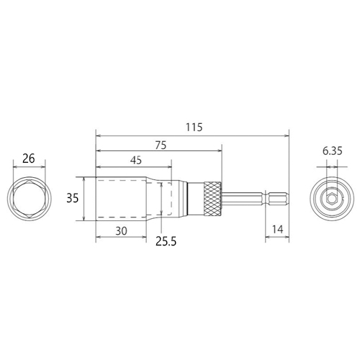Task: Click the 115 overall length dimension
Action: (194, 127)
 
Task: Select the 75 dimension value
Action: (161, 145)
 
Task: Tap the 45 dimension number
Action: (136, 161)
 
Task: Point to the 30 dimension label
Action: (121, 231)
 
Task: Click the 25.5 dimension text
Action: (166, 241)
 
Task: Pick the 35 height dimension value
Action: (72, 199)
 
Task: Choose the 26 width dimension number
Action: (29, 158)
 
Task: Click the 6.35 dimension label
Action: (333, 151)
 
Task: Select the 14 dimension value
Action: (277, 230)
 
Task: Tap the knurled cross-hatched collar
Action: (212, 199)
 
